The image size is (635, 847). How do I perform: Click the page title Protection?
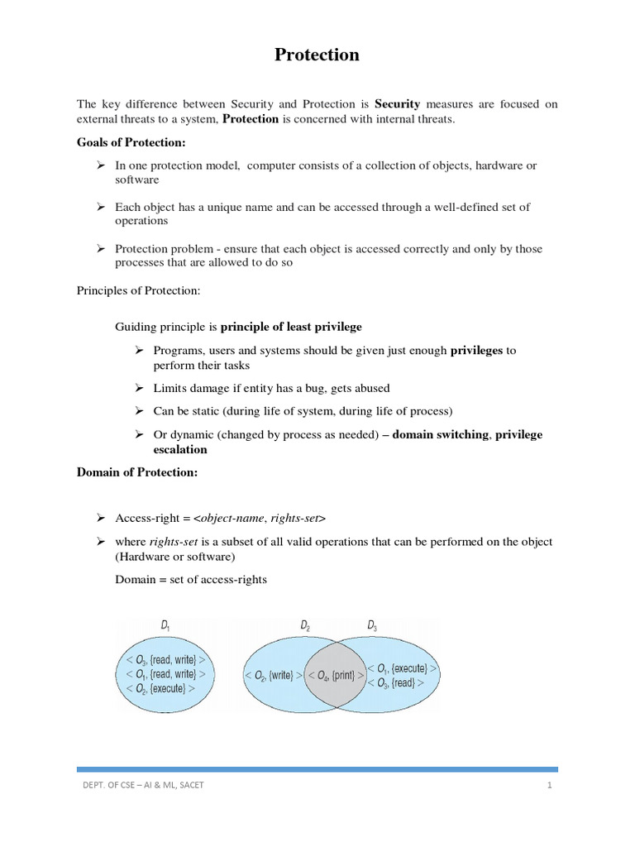point(317,55)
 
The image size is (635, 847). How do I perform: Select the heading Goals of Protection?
point(131,143)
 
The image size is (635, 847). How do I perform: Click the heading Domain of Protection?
point(136,472)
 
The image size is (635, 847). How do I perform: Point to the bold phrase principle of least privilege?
point(291,327)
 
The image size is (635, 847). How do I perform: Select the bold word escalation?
point(180,450)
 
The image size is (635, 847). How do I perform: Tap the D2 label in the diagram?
point(306,627)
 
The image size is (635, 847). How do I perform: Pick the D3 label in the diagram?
point(372,627)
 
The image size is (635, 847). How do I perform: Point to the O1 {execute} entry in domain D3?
point(402,668)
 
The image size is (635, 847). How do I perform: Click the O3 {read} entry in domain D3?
point(395,683)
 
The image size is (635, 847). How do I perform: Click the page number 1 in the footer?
point(548,785)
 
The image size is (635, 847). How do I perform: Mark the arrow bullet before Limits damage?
point(140,388)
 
